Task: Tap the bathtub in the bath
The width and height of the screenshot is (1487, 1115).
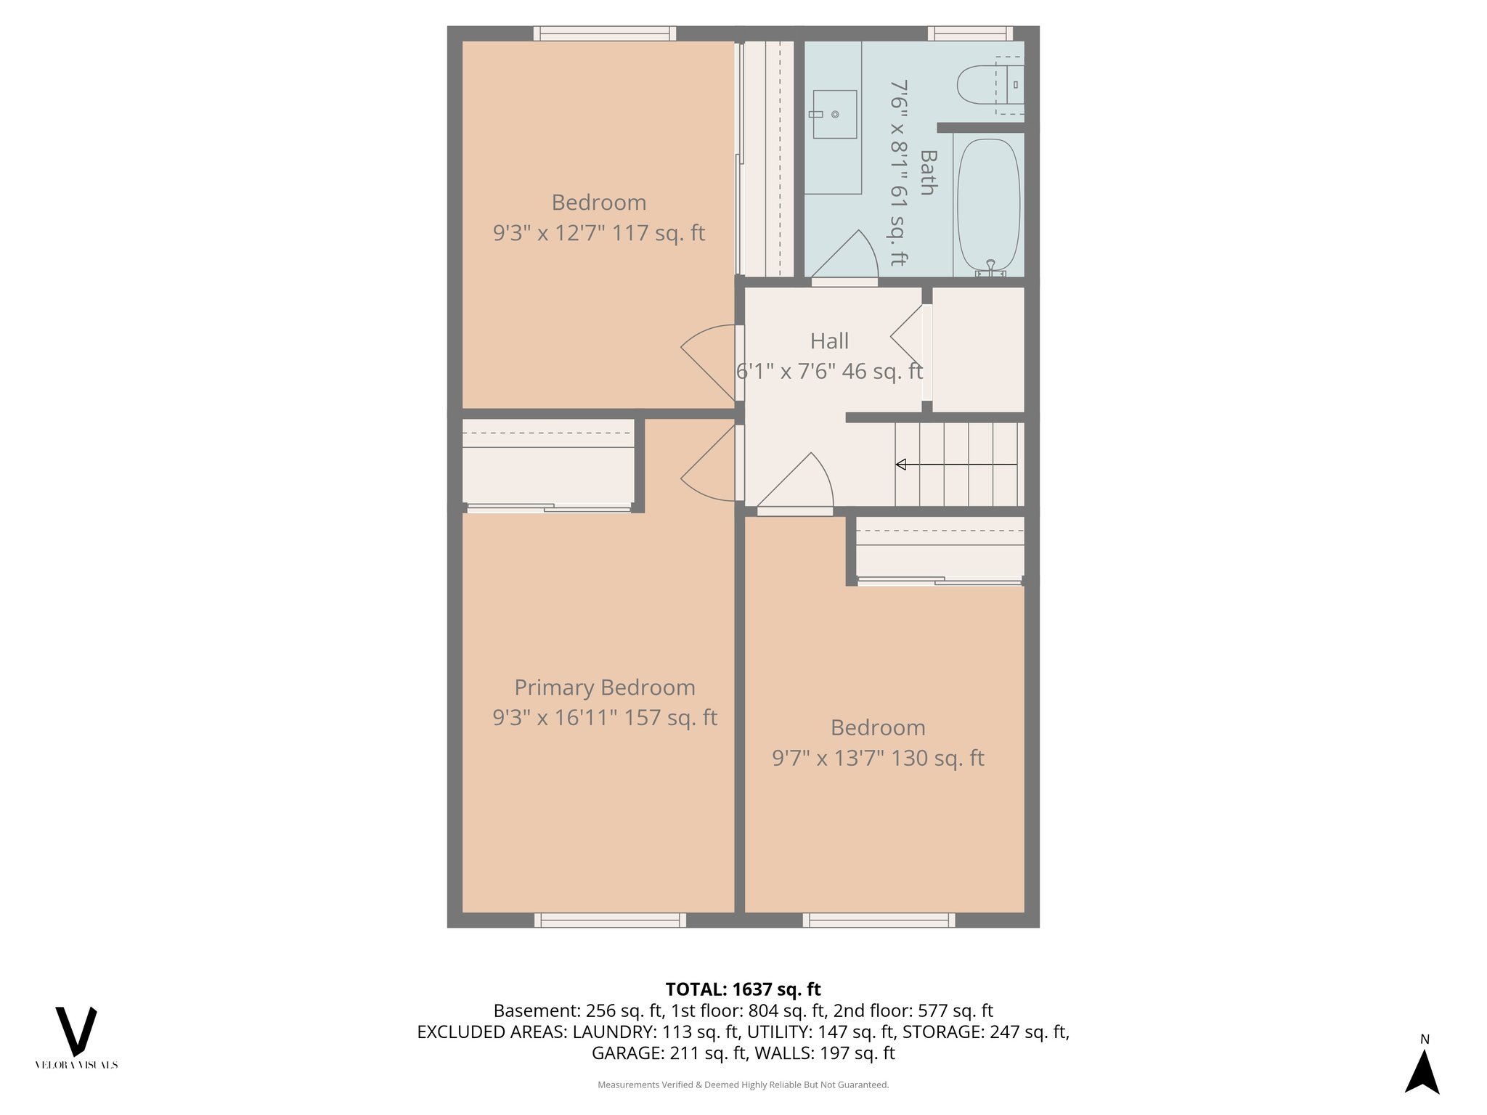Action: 988,205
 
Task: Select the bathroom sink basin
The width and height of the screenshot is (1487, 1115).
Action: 834,114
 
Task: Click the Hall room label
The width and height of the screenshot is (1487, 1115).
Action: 829,341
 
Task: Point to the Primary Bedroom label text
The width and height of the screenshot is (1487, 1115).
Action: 604,687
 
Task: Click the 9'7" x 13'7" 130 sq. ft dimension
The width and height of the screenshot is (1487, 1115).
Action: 877,759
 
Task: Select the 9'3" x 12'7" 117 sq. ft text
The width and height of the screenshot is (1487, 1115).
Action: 598,233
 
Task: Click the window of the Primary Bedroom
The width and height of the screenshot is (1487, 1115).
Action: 610,920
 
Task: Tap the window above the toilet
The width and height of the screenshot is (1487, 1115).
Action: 969,33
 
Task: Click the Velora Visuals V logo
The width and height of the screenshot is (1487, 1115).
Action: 76,1032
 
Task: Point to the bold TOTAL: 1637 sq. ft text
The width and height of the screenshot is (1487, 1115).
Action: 743,989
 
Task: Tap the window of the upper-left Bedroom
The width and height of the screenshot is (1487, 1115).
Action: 604,33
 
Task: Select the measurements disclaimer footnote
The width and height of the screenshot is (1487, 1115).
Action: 743,1085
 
